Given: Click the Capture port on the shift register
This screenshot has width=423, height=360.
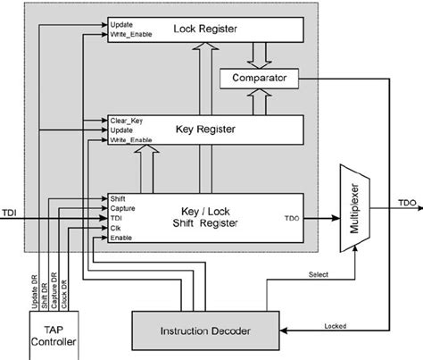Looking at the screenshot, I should pyautogui.click(x=123, y=207).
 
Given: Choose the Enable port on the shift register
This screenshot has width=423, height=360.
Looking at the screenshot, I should pyautogui.click(x=121, y=237).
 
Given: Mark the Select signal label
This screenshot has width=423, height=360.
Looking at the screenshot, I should pyautogui.click(x=317, y=275).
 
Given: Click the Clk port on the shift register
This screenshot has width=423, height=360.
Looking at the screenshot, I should pyautogui.click(x=116, y=227).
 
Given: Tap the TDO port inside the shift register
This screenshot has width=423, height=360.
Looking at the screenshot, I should pyautogui.click(x=288, y=217).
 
